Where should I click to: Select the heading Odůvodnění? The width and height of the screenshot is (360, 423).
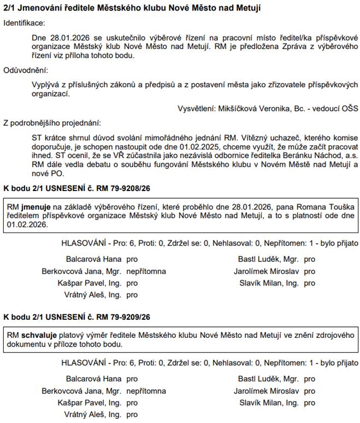coord(25,71)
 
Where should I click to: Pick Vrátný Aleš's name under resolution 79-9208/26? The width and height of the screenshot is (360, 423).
coord(93,295)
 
